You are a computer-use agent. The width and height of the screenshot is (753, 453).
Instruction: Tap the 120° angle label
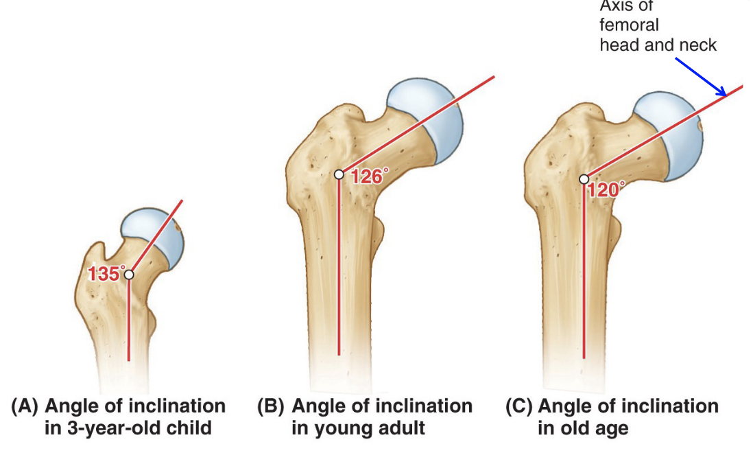click(606, 189)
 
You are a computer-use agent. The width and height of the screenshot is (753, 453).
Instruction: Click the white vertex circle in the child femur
click(129, 275)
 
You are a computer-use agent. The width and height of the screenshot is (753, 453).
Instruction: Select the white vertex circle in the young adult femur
click(339, 174)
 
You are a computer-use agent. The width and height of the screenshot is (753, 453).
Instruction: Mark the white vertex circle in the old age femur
click(584, 179)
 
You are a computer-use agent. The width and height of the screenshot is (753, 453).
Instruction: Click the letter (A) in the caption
click(23, 406)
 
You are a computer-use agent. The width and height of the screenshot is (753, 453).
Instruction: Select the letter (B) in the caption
click(271, 406)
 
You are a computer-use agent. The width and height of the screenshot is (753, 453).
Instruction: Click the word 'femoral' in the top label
click(629, 26)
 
